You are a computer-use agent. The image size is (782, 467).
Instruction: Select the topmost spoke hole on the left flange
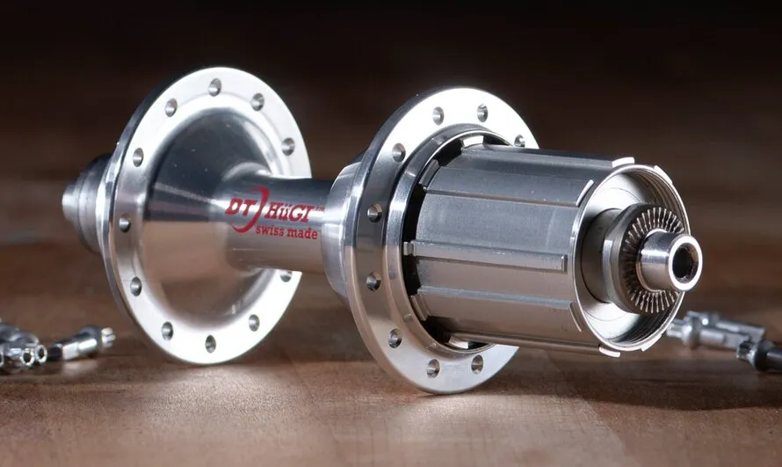(x=214, y=87)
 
